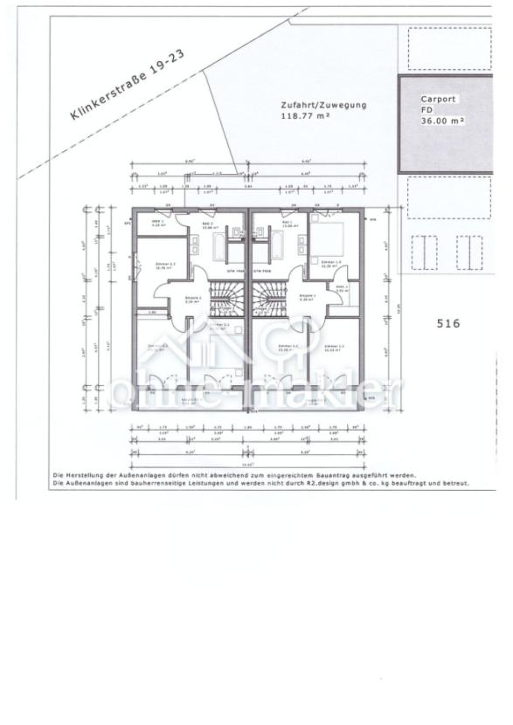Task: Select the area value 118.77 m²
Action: [x=305, y=115]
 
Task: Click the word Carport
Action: [x=438, y=100]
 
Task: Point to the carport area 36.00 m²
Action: [x=442, y=121]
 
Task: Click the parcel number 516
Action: [x=447, y=323]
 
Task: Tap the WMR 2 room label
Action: [x=158, y=224]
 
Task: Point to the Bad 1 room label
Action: [x=288, y=224]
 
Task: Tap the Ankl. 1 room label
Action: [x=343, y=287]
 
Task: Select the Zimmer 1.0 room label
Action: [x=329, y=262]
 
